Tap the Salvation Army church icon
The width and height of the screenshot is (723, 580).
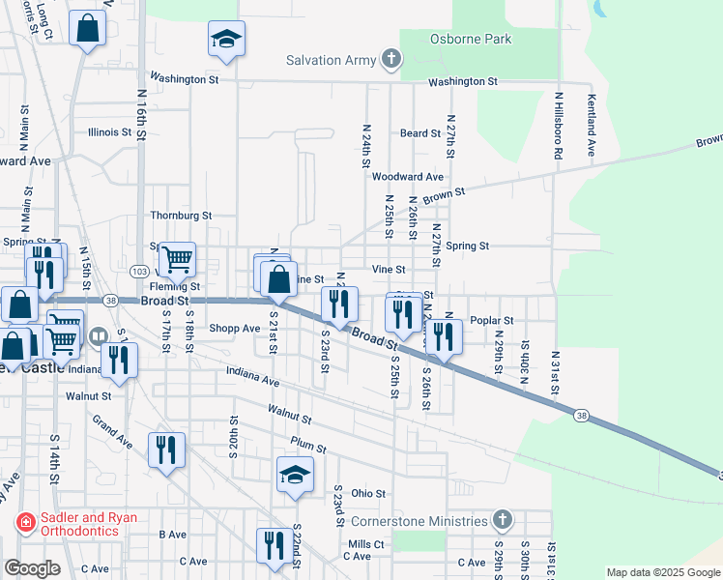click(391, 60)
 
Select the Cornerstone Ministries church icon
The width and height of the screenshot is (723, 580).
click(501, 520)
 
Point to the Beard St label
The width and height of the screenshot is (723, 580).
click(420, 133)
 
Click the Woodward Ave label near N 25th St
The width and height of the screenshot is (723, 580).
click(407, 177)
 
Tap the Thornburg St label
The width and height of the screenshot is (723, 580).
click(181, 216)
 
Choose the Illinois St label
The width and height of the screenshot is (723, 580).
click(109, 132)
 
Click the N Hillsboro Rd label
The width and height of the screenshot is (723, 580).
click(559, 126)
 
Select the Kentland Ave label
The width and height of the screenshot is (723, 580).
click(590, 126)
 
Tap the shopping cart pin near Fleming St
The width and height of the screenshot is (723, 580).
click(177, 259)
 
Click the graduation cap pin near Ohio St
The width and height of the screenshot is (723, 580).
click(296, 474)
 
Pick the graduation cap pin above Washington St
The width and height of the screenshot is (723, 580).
click(226, 40)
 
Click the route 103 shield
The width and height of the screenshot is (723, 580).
click(138, 272)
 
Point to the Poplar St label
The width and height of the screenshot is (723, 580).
click(492, 320)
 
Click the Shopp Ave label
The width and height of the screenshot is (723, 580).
click(235, 329)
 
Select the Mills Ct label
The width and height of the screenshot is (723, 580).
click(366, 544)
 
